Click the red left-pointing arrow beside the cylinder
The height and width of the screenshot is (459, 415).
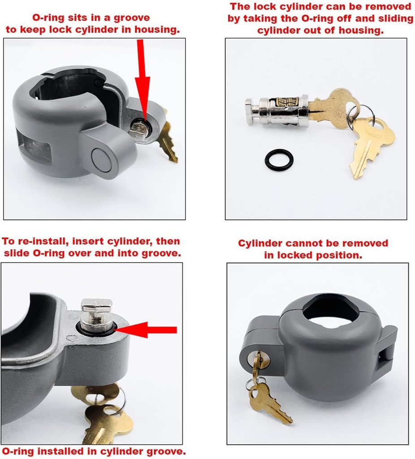click(150, 330)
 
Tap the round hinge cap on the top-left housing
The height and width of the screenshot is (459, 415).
click(101, 156)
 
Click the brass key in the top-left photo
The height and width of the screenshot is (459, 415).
click(167, 141)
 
